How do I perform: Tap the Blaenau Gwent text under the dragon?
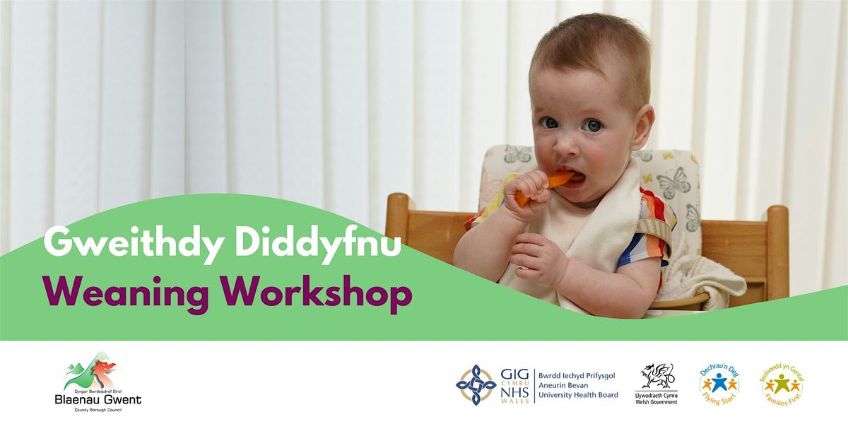tap(98, 399)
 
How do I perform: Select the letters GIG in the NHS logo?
tap(514, 375)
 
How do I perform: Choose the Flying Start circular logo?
tap(719, 384)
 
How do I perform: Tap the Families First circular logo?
tap(781, 384)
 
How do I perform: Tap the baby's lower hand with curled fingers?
tap(537, 257)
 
